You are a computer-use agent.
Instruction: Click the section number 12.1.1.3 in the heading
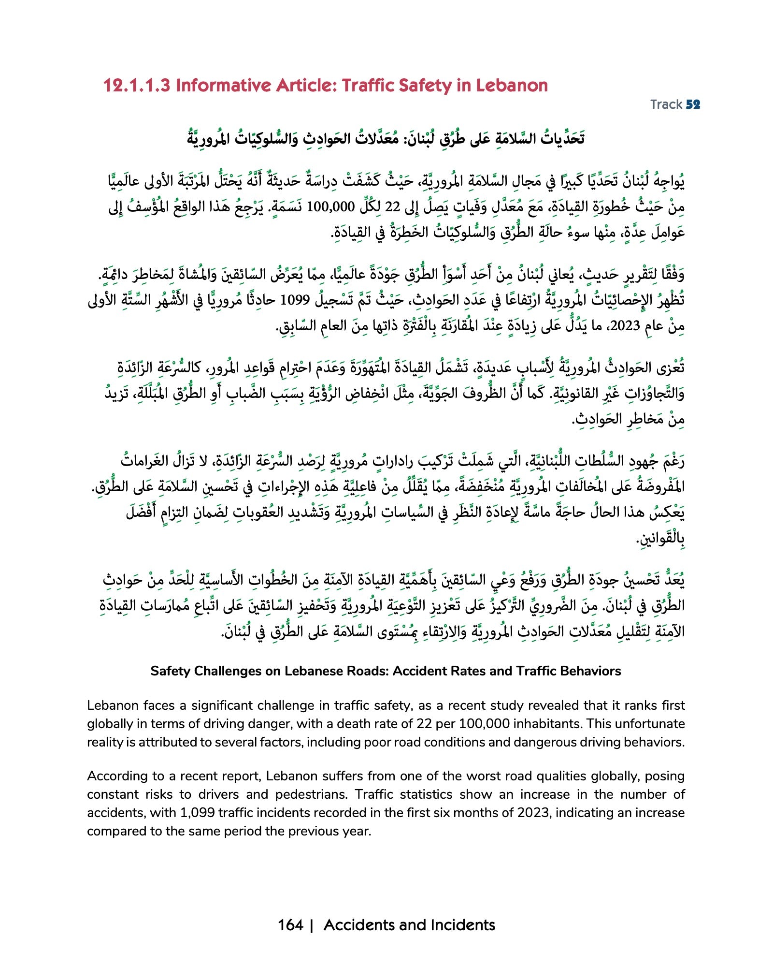[137, 86]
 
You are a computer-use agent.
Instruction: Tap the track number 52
[693, 104]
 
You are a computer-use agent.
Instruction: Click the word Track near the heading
[666, 104]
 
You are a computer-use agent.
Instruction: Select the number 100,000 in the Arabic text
[330, 207]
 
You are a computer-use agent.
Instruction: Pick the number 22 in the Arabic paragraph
[392, 207]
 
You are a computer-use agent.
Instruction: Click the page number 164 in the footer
[290, 925]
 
